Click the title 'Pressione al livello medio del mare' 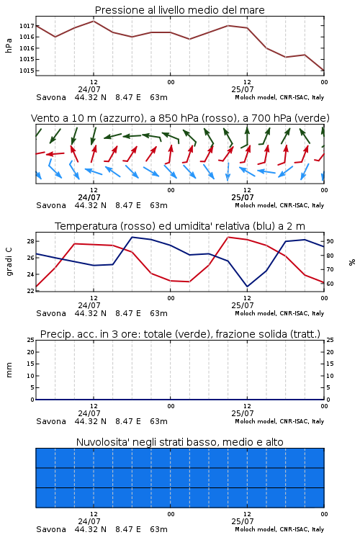coord(179,10)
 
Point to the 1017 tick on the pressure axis coord(27,26)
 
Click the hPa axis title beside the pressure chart coord(9,45)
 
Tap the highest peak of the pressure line coord(94,21)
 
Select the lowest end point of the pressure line coord(324,71)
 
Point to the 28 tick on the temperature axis coord(30,241)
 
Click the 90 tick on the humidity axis coord(330,241)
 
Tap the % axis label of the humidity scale coord(352,262)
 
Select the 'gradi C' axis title coord(9,261)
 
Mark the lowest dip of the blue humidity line coord(247,287)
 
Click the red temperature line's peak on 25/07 coord(228,237)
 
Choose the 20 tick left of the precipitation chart coord(30,352)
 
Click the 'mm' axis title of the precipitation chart coord(9,370)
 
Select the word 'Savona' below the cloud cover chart coord(51,529)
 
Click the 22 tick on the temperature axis coord(30,291)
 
